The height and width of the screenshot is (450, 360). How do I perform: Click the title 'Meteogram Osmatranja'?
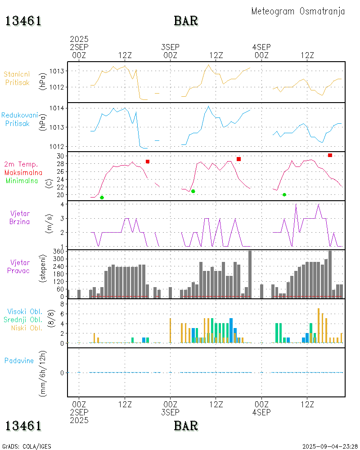298,11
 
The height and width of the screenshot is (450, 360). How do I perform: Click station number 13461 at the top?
23,21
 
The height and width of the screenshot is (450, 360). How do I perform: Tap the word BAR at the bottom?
186,425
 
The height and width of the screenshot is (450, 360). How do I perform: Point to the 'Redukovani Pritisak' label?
19,119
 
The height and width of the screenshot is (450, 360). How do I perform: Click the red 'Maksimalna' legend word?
23,172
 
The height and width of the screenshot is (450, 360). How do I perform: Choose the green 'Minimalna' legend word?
22,180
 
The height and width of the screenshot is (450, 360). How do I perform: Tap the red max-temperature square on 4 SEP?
330,155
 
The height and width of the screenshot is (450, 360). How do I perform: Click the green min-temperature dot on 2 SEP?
102,198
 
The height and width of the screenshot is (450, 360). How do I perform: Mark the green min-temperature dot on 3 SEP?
193,191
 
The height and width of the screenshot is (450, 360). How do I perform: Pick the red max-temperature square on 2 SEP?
147,162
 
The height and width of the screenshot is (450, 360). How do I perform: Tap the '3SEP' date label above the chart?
170,47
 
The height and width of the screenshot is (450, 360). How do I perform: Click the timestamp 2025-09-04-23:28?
330,446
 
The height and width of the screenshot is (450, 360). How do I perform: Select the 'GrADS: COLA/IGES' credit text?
27,446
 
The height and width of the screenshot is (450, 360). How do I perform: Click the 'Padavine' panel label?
19,360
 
